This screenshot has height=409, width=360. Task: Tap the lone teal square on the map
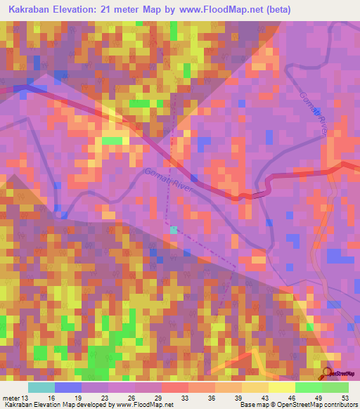(x=173, y=229)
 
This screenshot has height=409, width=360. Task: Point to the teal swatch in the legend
(x=41, y=387)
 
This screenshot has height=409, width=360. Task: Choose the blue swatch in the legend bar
(x=68, y=387)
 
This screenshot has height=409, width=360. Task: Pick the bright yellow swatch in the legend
(x=281, y=387)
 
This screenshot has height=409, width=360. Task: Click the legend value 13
(x=25, y=397)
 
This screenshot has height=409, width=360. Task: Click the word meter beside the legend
(x=11, y=397)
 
